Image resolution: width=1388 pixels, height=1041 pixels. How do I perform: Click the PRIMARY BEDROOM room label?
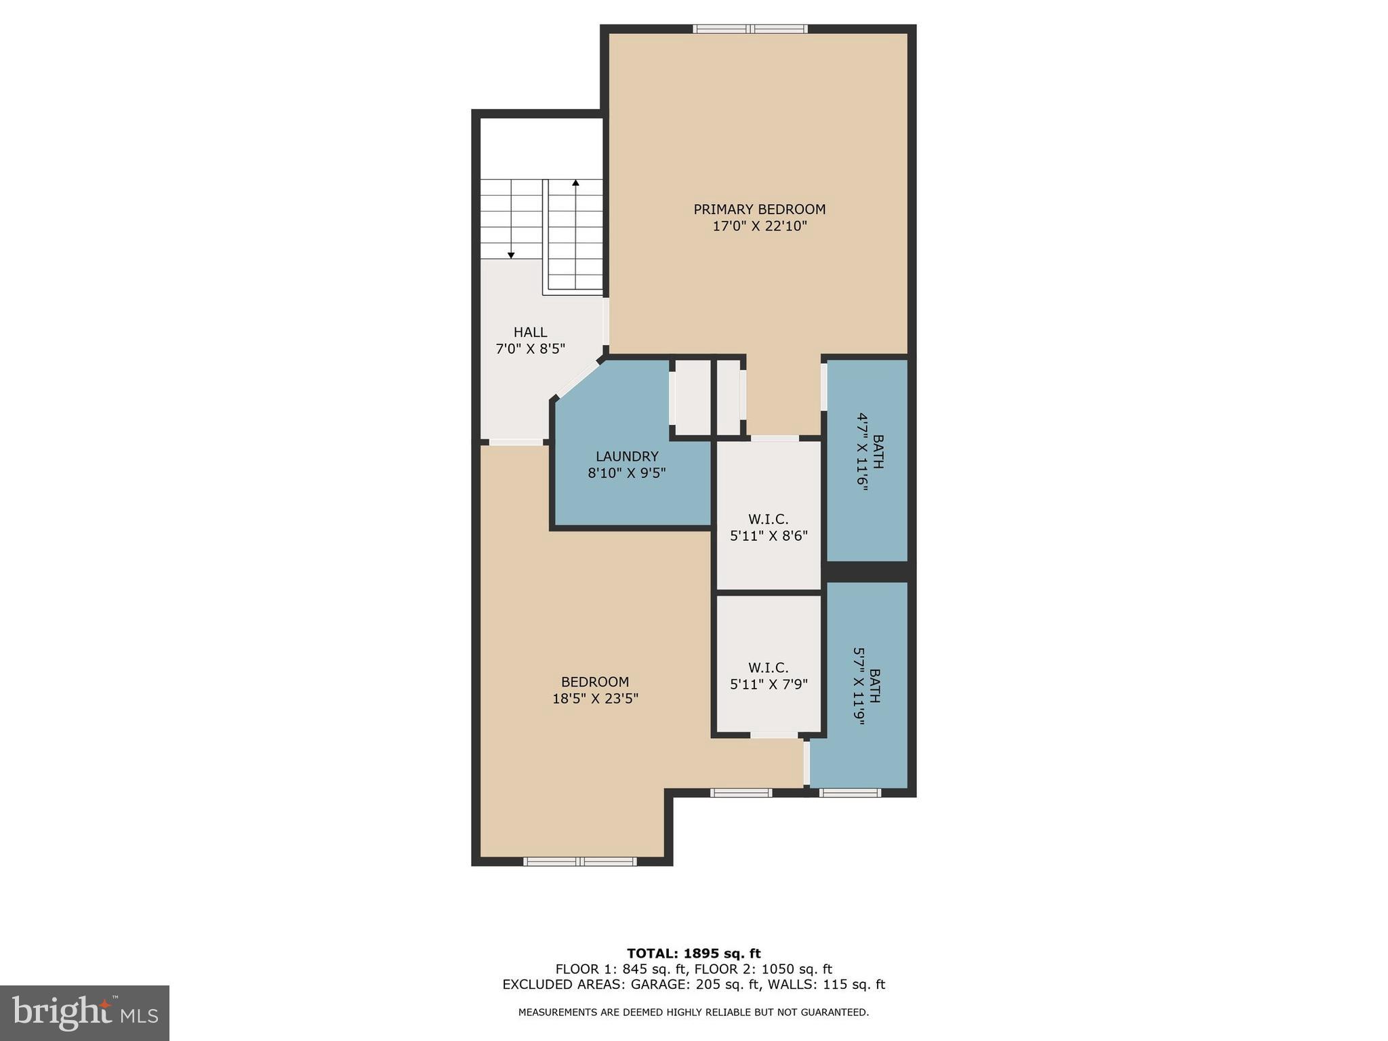[759, 209]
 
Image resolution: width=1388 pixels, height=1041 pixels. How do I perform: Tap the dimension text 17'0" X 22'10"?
[759, 226]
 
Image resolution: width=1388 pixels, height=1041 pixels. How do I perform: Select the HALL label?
[530, 332]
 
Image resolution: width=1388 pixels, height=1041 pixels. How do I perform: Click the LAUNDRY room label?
[627, 456]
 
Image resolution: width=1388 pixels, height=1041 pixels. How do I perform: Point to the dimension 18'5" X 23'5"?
[595, 699]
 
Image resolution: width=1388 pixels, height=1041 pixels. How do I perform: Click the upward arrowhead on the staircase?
[575, 182]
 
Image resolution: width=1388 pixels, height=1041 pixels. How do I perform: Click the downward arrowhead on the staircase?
[511, 255]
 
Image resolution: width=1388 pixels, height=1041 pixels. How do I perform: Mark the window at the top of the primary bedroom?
[750, 29]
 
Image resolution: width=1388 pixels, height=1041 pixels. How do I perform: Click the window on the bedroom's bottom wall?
[579, 861]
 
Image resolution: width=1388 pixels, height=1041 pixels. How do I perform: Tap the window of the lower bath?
[850, 792]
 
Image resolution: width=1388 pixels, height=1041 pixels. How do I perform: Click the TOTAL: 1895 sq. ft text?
[693, 954]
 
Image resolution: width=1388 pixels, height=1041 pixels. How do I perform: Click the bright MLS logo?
[85, 1013]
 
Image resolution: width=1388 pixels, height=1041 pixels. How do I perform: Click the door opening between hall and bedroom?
[516, 442]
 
